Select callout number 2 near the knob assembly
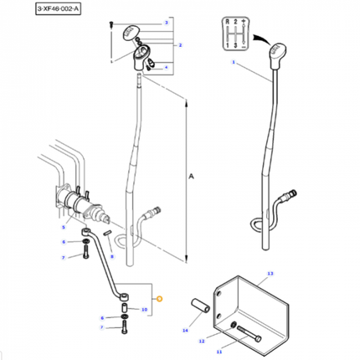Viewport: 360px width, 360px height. tap(179, 44)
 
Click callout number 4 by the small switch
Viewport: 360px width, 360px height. tap(166, 68)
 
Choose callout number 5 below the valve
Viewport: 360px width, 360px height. tap(62, 227)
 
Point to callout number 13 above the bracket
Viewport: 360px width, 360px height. tap(270, 274)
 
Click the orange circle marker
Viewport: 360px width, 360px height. tap(162, 298)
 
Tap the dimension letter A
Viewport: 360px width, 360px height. tap(192, 177)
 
